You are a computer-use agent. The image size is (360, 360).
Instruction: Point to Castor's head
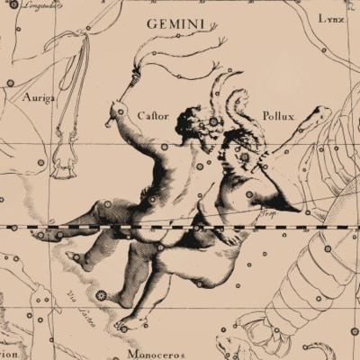(x=191, y=121)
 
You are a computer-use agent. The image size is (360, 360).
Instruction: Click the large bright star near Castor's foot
(x=101, y=295)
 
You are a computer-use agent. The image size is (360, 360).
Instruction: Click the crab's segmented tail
(x=306, y=288)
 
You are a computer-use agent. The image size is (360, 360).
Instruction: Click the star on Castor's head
(x=212, y=121)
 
